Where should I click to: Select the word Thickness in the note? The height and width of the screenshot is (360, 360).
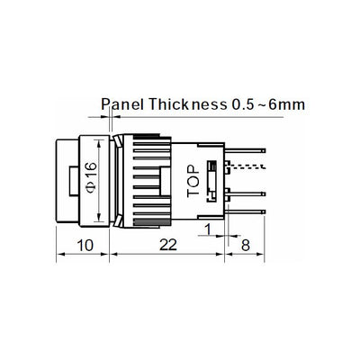pyautogui.click(x=190, y=104)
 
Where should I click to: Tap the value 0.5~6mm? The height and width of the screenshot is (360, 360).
pyautogui.click(x=266, y=104)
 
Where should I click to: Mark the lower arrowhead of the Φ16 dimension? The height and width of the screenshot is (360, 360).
pyautogui.click(x=99, y=216)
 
